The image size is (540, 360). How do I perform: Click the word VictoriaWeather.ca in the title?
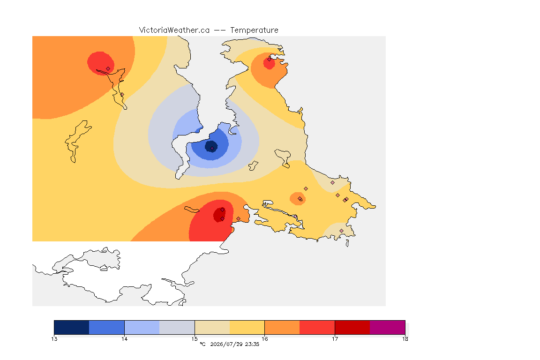pyautogui.click(x=174, y=30)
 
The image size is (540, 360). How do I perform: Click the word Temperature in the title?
pyautogui.click(x=254, y=30)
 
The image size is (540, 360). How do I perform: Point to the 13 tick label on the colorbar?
pyautogui.click(x=54, y=339)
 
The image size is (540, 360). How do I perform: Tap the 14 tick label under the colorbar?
pyautogui.click(x=124, y=339)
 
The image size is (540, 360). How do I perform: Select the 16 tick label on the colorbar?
pyautogui.click(x=264, y=339)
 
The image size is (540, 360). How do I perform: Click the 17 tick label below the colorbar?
pyautogui.click(x=335, y=339)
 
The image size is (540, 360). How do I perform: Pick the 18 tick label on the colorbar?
pyautogui.click(x=405, y=339)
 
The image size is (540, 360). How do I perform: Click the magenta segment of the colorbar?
pyautogui.click(x=388, y=327)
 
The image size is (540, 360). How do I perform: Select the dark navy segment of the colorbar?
pyautogui.click(x=72, y=327)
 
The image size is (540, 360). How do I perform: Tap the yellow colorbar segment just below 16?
pyautogui.click(x=247, y=327)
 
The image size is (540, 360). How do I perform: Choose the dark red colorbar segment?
pyautogui.click(x=352, y=327)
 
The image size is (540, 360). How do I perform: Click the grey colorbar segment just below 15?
pyautogui.click(x=177, y=327)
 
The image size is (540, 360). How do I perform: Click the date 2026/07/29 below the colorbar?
pyautogui.click(x=226, y=344)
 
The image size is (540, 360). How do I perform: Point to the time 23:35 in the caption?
pyautogui.click(x=252, y=344)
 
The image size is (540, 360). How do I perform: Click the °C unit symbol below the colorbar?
pyautogui.click(x=202, y=344)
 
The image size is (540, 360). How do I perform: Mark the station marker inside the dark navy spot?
pyautogui.click(x=212, y=149)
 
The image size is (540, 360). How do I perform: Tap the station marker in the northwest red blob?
pyautogui.click(x=108, y=69)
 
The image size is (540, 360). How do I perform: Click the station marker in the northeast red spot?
pyautogui.click(x=270, y=60)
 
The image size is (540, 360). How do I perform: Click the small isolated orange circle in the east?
pyautogui.click(x=298, y=198)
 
